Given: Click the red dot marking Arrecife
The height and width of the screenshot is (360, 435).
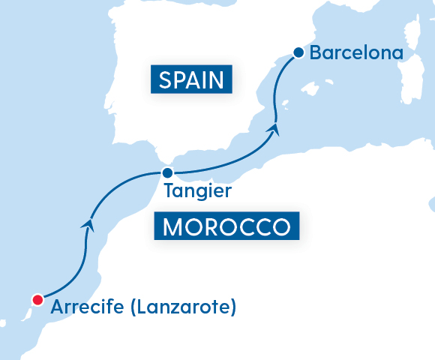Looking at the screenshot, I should pos(36,300).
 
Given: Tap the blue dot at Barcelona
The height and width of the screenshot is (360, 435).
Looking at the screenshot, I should pos(298,52).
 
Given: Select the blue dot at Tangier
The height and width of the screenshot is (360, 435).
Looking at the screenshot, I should pos(168,172).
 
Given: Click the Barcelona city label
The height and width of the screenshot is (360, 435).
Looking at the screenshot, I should pos(356,53).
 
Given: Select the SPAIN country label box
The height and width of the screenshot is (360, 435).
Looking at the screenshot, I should pos(190,79).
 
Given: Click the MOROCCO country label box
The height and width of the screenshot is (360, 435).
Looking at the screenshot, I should pos(226,226).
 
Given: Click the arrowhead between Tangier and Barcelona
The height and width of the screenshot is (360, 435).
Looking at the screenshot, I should pos(275,129).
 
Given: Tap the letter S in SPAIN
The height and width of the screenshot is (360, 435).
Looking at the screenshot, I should pos(163,79).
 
